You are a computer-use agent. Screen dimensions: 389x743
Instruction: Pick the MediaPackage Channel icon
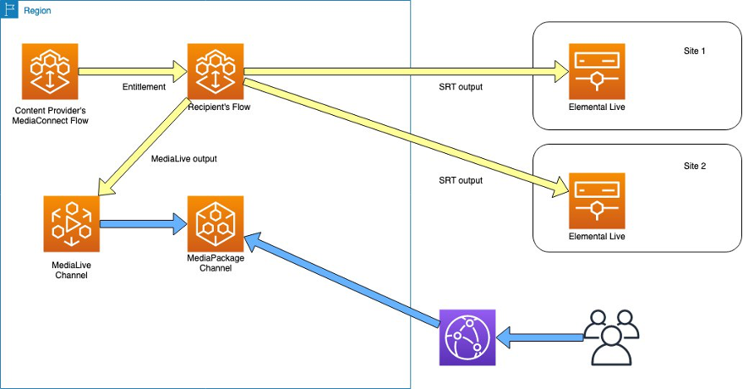pos(215,223)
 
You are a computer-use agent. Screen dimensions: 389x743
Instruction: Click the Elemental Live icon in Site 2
pos(597,200)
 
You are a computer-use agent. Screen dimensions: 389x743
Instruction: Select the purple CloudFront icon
pos(467,337)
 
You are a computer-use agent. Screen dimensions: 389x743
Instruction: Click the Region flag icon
pos(12,11)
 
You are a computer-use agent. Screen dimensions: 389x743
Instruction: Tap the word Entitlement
pos(144,88)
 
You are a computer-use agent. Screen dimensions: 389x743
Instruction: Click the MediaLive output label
pos(184,158)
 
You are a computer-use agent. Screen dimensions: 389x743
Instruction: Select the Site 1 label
pos(694,52)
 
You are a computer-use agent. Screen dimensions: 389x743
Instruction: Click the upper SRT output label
pos(461,88)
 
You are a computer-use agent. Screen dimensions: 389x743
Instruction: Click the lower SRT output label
pos(461,180)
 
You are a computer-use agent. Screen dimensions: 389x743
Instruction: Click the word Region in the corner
pos(37,11)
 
